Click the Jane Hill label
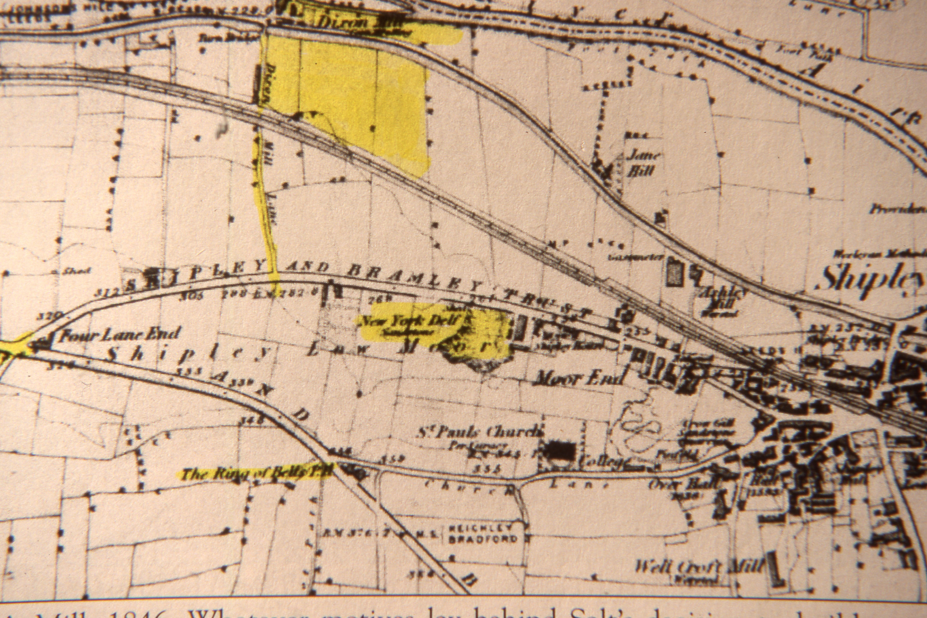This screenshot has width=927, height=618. [x=642, y=163]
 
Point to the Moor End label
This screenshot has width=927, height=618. [x=578, y=379]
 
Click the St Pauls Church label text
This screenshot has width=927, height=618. [x=480, y=432]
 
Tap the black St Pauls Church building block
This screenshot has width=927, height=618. [x=561, y=449]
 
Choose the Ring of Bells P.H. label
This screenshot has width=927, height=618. [x=256, y=473]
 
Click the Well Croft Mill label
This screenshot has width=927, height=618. [x=698, y=567]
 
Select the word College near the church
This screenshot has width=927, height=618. [x=603, y=462]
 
